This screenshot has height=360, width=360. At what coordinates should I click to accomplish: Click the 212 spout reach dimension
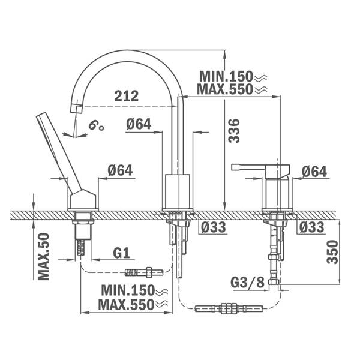point(127,96)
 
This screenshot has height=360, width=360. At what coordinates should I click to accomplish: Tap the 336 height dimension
point(234,131)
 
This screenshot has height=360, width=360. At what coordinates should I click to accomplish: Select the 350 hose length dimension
point(332,252)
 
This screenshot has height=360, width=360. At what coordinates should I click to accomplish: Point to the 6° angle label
point(96,125)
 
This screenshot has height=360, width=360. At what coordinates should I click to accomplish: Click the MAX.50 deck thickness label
point(44,256)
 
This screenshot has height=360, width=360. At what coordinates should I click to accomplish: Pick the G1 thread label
point(121,253)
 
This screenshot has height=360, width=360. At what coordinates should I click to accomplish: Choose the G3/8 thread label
point(248,282)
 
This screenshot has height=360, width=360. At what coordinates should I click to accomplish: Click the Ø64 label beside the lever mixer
point(314,172)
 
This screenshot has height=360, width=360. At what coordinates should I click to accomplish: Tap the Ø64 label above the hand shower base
point(120,170)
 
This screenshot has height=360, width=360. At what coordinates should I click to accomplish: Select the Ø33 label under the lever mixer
point(312,227)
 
